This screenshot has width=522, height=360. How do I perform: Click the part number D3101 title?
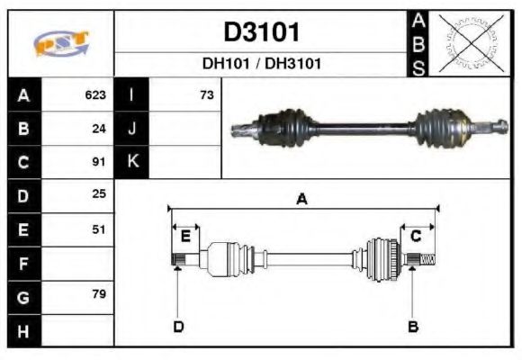261,32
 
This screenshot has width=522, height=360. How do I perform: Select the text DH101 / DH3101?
261,64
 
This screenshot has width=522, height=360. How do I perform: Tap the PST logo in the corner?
61,43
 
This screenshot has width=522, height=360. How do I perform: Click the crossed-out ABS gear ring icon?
467,43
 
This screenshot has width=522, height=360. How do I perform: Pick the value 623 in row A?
95,94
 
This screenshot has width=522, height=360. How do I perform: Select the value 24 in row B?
99,129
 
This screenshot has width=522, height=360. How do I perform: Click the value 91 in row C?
99,163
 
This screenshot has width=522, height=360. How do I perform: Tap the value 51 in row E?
99,229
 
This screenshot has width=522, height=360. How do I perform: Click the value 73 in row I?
206,94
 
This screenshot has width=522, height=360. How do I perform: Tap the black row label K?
131,162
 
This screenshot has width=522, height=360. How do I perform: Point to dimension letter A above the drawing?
302,199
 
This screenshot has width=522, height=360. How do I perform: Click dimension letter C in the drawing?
416,236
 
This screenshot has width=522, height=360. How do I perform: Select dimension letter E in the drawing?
185,236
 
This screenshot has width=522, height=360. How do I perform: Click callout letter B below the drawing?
412,326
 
